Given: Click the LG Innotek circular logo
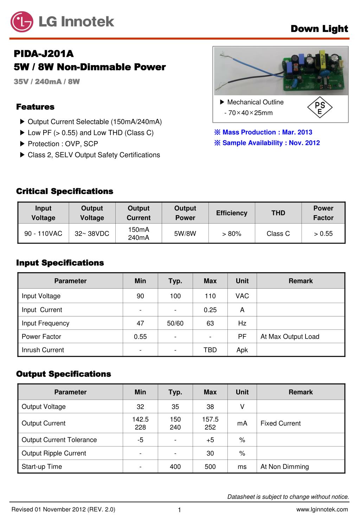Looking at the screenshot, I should [x=22, y=22].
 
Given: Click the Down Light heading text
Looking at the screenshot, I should [x=319, y=29].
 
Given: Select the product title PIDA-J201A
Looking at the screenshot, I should [x=44, y=54].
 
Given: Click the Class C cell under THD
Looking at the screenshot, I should [x=278, y=233].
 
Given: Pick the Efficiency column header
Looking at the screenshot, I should [x=232, y=213].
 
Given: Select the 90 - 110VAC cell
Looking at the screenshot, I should [x=43, y=233].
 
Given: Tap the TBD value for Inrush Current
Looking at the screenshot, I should [x=210, y=350].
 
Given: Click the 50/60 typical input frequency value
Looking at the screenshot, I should [x=175, y=323].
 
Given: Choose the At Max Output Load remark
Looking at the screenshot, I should [x=290, y=336].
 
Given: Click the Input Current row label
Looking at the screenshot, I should [x=42, y=310].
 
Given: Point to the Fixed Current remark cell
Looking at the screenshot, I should [x=281, y=423].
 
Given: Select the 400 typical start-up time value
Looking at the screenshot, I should [x=175, y=467].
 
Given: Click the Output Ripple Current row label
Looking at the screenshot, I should [x=54, y=453].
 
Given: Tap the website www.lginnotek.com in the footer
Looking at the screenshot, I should [x=322, y=509].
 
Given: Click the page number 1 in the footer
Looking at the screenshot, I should [x=179, y=510].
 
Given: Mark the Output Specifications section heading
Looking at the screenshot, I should [x=64, y=374].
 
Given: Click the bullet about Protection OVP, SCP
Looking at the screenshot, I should [x=63, y=144].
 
